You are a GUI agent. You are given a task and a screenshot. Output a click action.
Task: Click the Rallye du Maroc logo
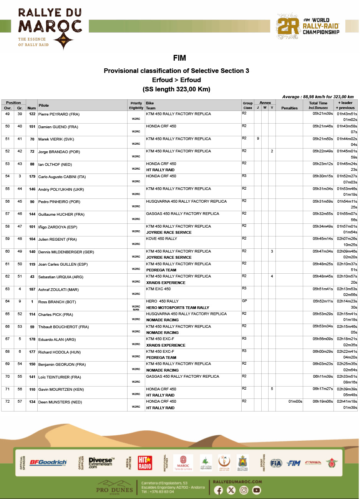[x=50, y=29]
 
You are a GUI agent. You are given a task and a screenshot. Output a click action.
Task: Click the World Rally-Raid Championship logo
[x=308, y=26]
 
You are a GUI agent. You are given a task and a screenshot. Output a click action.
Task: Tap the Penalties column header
[x=289, y=108]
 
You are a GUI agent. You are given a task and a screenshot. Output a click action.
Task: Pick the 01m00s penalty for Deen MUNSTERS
[x=295, y=402]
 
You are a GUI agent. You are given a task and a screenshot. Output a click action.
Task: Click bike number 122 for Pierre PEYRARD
[x=32, y=114]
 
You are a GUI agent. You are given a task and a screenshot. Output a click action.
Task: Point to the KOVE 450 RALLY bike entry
[x=161, y=239]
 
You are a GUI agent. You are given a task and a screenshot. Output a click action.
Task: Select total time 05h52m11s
[x=322, y=301]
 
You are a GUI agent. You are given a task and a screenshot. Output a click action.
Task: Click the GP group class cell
[x=244, y=301]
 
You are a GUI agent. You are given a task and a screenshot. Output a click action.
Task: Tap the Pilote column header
[x=43, y=105]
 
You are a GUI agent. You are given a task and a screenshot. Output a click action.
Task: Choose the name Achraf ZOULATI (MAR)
[x=58, y=289]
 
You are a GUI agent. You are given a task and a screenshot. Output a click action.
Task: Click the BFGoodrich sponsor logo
[x=48, y=463]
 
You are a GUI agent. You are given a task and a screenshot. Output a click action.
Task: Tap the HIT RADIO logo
[x=145, y=463]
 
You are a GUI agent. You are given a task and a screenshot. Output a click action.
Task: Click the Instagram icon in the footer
[x=244, y=490]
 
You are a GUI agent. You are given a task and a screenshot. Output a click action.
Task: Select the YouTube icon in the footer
[x=256, y=490]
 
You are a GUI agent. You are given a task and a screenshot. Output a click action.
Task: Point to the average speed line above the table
[x=318, y=97]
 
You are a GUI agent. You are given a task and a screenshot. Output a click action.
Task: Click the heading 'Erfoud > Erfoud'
[x=176, y=80]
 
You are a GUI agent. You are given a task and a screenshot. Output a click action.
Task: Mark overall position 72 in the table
[x=7, y=402]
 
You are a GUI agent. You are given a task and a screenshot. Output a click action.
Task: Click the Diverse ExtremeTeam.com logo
[x=100, y=463]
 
